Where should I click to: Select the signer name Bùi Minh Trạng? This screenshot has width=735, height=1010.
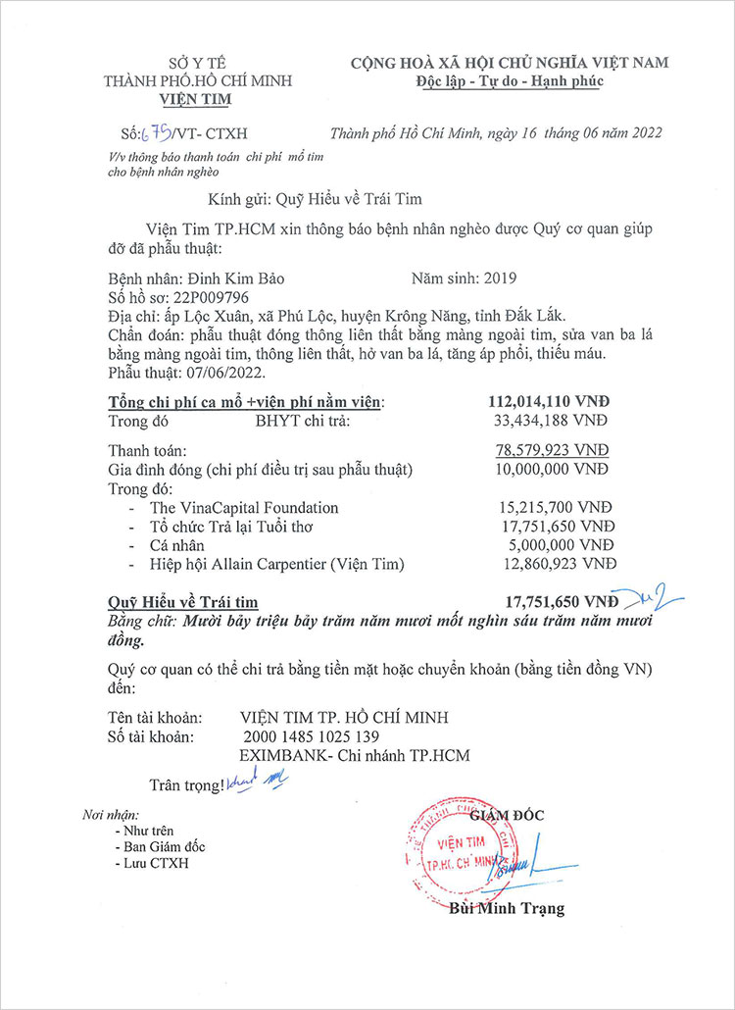[507, 908]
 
